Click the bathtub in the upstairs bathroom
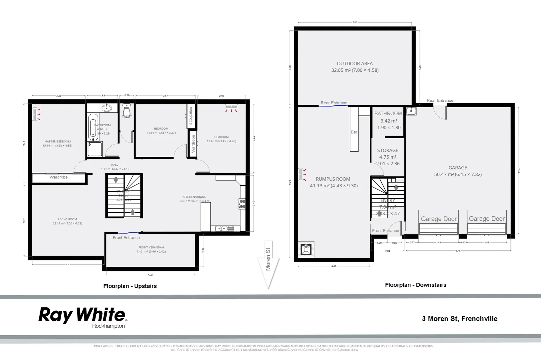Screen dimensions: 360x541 point(93,127)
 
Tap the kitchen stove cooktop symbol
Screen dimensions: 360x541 point(242,204)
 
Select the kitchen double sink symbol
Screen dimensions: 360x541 point(222,228)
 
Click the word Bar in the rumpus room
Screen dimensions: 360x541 point(354,132)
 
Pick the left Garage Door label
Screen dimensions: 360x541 point(439,219)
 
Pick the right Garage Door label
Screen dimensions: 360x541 point(487,219)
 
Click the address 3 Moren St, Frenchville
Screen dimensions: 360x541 point(459,319)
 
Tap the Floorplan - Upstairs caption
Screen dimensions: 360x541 point(130,286)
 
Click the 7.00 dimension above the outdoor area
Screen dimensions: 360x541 point(355,22)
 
